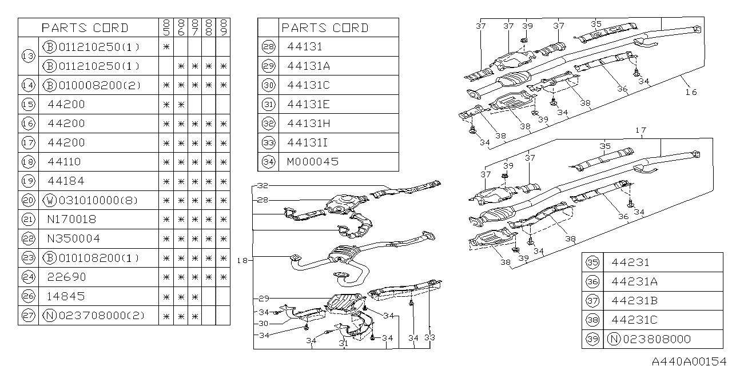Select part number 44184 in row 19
tap(66, 181)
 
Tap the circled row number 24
tap(28, 277)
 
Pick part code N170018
tap(73, 219)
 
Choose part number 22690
tap(66, 277)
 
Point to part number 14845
tap(66, 296)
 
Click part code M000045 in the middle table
tap(312, 161)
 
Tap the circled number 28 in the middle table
tap(268, 47)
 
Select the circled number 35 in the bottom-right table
tap(592, 262)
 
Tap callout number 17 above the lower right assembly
tap(640, 131)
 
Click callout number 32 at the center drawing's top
tap(262, 186)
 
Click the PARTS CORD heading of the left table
tap(85, 28)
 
